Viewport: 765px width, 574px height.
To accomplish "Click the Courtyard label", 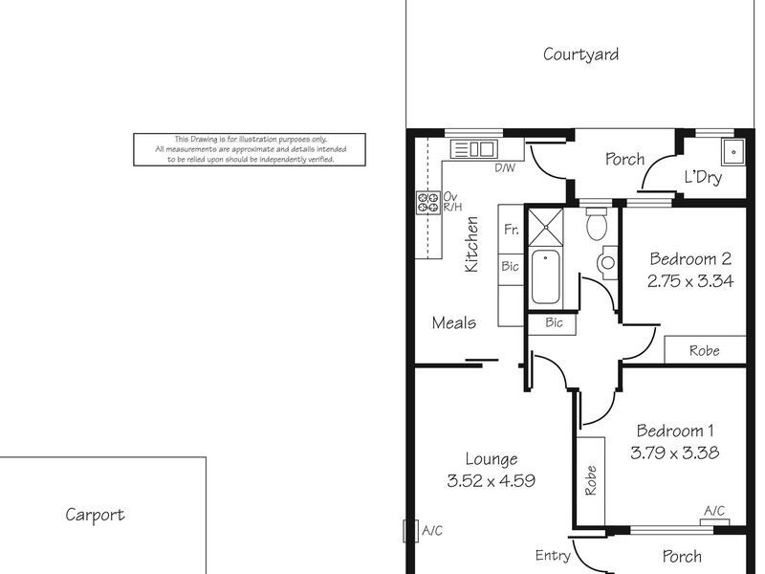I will click(x=580, y=55).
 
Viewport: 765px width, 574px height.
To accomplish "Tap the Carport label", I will click(x=95, y=515).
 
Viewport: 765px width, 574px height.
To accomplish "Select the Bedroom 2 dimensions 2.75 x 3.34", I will click(x=689, y=281).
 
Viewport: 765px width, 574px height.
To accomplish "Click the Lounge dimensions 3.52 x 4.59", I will click(x=491, y=481).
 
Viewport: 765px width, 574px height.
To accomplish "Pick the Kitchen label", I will click(x=471, y=246).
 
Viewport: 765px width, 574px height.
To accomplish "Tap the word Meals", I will click(x=453, y=322).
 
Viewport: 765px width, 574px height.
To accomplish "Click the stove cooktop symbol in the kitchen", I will click(x=426, y=202).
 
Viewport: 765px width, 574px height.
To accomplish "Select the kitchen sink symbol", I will click(x=472, y=148).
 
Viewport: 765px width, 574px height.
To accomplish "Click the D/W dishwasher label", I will click(x=505, y=168).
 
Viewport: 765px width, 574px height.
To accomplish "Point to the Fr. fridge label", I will click(x=511, y=230).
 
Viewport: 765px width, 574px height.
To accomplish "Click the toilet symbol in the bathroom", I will click(x=597, y=226).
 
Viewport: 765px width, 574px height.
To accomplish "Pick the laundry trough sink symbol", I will click(x=733, y=151).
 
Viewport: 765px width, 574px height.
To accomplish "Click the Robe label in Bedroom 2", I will click(x=704, y=351).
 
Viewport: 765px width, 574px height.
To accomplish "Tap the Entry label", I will click(x=553, y=556).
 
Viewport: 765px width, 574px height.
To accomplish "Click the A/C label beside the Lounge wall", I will click(x=430, y=531).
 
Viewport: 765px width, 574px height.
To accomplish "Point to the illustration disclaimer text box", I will click(x=250, y=149).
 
